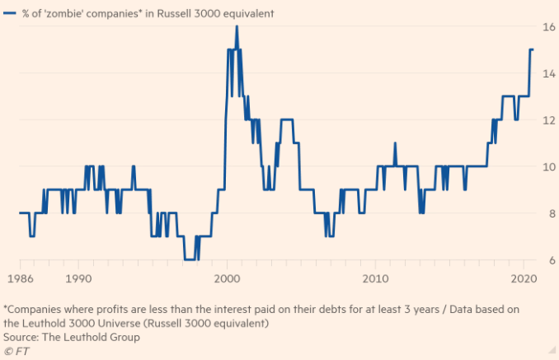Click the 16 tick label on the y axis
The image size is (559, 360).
click(x=547, y=26)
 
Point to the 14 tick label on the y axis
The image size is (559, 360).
click(x=547, y=73)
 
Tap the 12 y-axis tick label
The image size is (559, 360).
click(x=547, y=120)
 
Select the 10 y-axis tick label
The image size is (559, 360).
click(x=547, y=166)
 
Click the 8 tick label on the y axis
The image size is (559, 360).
click(x=550, y=213)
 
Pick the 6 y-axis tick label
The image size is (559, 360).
click(x=550, y=260)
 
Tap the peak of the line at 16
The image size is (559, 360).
click(x=237, y=26)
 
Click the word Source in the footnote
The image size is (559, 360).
click(x=22, y=337)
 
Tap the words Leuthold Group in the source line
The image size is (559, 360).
click(x=105, y=337)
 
